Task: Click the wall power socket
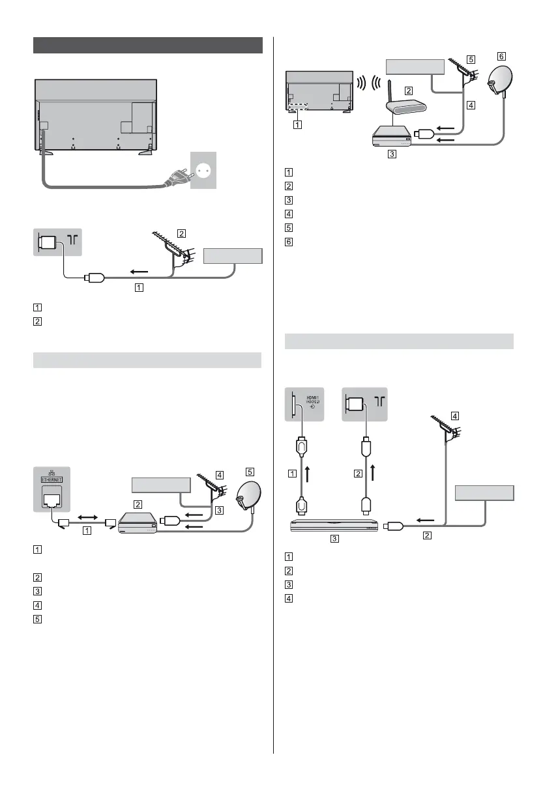(x=203, y=171)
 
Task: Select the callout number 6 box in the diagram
(x=500, y=56)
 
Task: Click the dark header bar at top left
(x=147, y=46)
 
